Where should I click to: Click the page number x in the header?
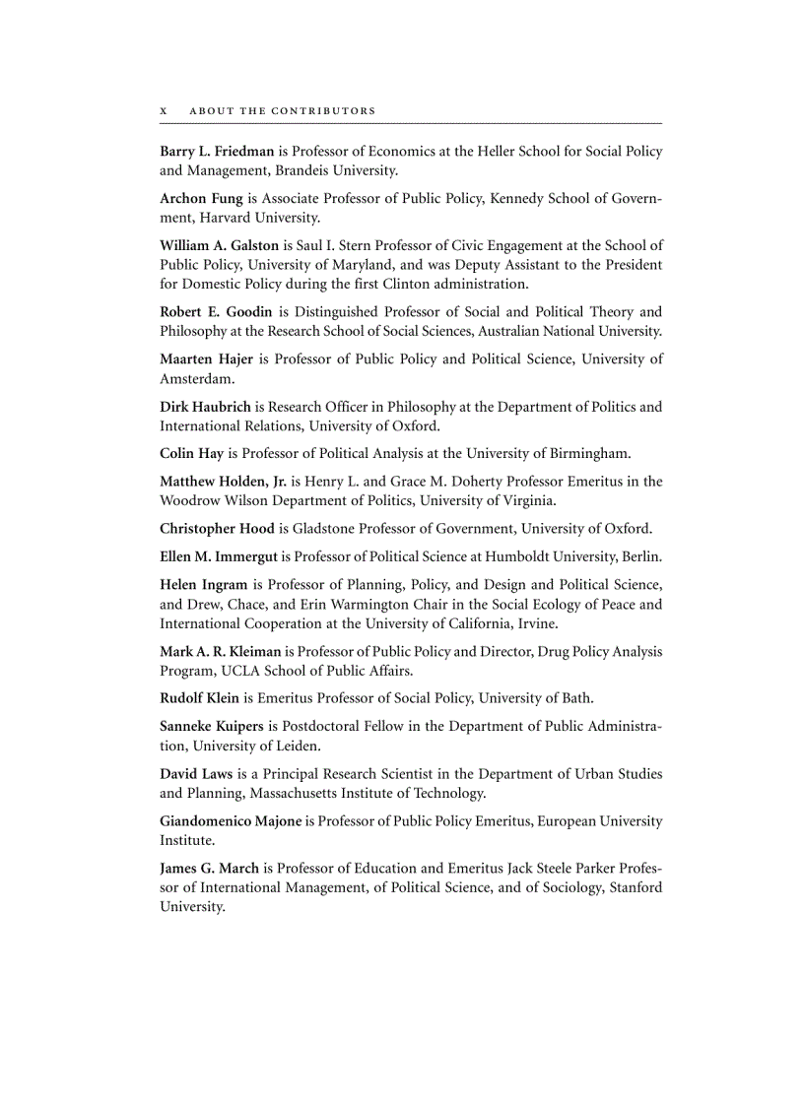[164, 111]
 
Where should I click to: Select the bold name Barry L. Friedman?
[217, 152]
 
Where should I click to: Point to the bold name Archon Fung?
[201, 199]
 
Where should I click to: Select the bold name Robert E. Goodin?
[216, 312]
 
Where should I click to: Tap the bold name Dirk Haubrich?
[206, 407]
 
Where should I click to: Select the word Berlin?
[641, 557]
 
